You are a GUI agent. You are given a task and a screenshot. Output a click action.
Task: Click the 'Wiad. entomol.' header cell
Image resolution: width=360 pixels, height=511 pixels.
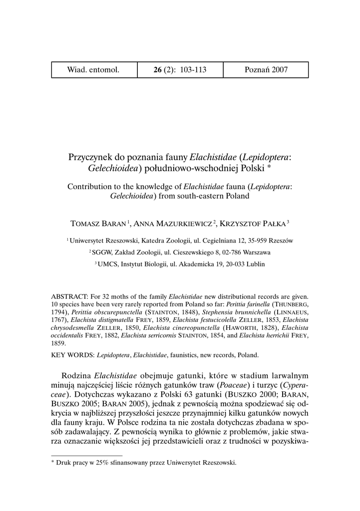93,70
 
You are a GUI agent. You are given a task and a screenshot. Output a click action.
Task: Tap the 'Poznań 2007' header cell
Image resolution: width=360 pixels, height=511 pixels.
266,70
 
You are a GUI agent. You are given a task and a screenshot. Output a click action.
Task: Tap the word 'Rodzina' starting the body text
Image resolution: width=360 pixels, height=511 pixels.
76,375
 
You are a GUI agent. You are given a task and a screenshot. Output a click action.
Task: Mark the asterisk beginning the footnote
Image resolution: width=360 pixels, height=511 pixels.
53,462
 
